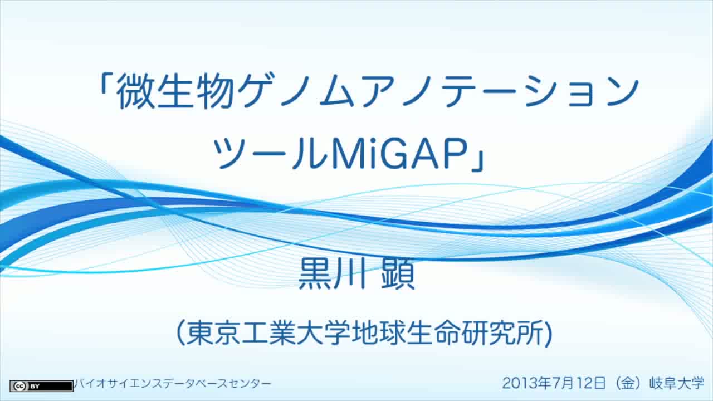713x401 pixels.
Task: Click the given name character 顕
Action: (398, 273)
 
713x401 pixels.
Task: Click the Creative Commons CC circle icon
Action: (19, 387)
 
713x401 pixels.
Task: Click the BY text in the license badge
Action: (35, 387)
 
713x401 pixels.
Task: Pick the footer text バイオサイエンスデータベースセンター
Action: (173, 384)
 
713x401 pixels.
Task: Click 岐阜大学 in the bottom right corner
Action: (677, 383)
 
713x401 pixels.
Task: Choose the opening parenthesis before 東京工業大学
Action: (181, 333)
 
